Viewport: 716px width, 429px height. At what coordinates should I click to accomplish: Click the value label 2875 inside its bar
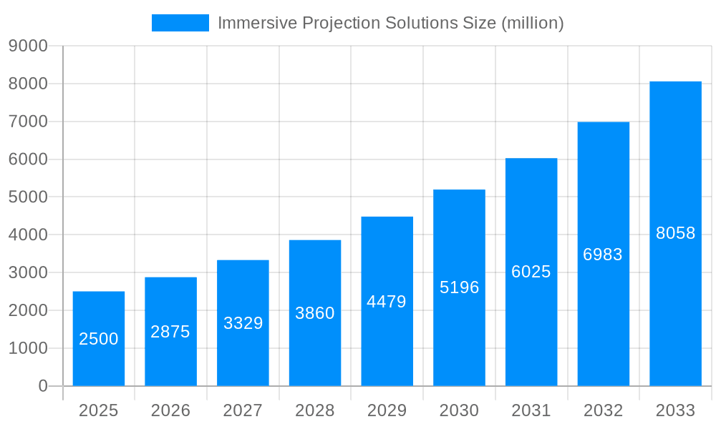(x=170, y=332)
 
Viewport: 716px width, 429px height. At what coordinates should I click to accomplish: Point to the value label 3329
(x=243, y=323)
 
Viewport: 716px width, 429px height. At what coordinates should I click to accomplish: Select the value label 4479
(x=387, y=302)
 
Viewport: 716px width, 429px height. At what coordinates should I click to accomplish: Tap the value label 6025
(x=531, y=272)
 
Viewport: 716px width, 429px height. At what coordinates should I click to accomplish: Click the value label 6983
(x=603, y=255)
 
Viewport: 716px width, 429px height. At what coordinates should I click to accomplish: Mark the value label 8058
(x=675, y=233)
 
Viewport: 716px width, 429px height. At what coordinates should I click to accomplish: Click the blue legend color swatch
(x=180, y=23)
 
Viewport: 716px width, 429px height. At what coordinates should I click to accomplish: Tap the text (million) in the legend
(x=533, y=23)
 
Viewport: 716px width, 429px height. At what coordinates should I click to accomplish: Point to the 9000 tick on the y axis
(x=28, y=46)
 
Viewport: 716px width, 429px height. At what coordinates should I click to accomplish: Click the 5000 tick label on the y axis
(x=28, y=197)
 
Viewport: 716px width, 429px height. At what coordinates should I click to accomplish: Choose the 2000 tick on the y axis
(x=28, y=310)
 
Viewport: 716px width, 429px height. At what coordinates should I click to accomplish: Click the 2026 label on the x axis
(x=170, y=410)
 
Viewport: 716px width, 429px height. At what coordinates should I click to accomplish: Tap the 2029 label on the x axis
(x=387, y=410)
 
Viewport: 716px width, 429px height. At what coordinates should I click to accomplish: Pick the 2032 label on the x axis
(x=603, y=410)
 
